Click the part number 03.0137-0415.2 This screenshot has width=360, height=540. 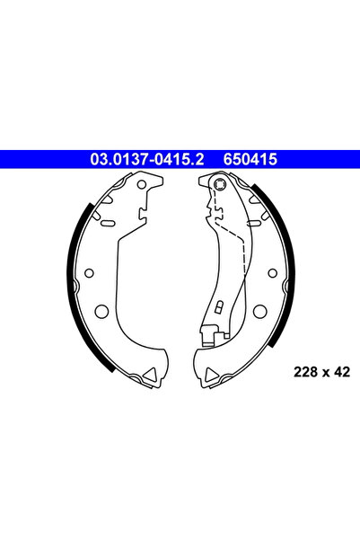145,159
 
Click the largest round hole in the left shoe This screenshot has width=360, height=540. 102,312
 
